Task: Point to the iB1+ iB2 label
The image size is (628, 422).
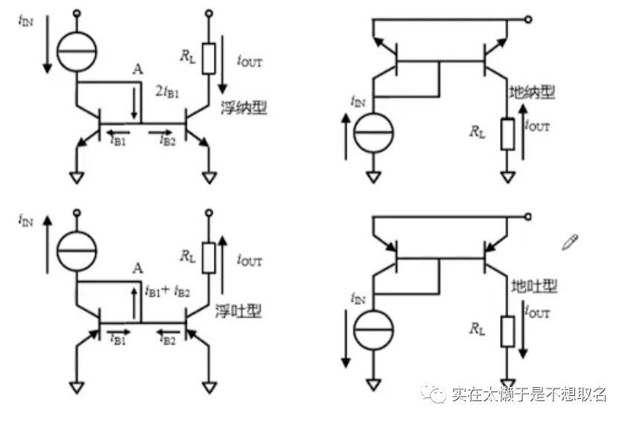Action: pyautogui.click(x=169, y=291)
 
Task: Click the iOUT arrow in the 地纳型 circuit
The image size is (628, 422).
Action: pyautogui.click(x=526, y=137)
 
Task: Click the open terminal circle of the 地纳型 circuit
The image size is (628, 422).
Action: pyautogui.click(x=528, y=20)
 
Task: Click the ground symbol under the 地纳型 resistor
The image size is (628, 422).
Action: pyautogui.click(x=508, y=176)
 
